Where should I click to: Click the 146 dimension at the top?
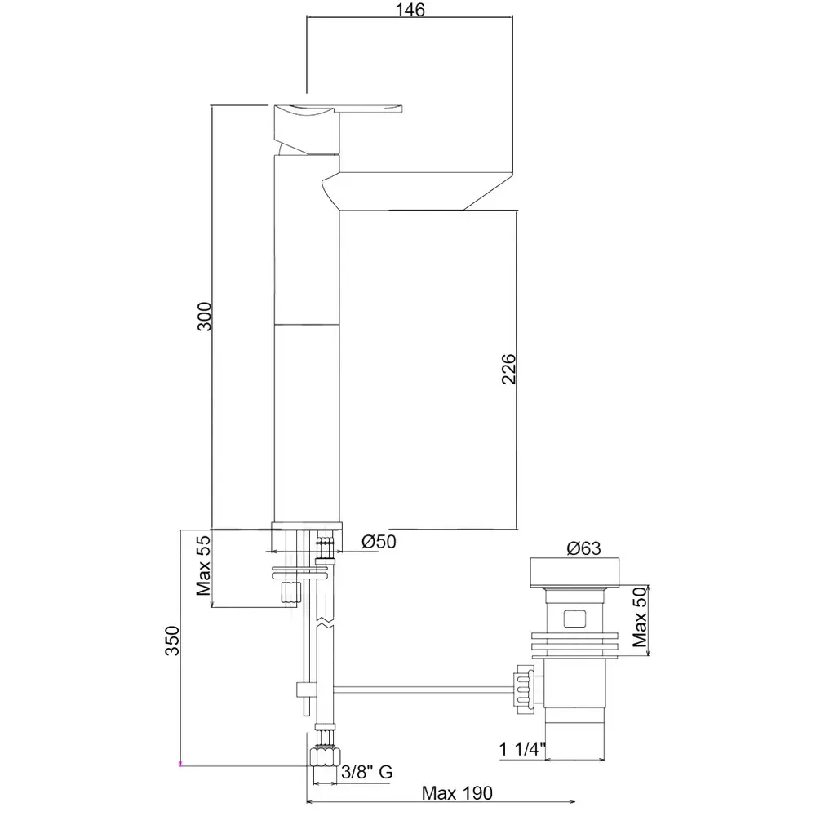click(x=410, y=9)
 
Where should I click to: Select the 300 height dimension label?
click(x=205, y=316)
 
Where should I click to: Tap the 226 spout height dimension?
click(x=508, y=369)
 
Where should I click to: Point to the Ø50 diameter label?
click(x=379, y=542)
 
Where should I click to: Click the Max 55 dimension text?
click(x=203, y=565)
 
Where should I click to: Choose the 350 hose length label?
click(x=172, y=640)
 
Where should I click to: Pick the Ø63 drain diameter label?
click(x=583, y=548)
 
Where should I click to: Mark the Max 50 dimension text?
click(x=640, y=617)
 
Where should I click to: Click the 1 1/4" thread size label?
click(x=522, y=749)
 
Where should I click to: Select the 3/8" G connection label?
click(x=367, y=772)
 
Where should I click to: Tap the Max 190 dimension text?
click(x=457, y=793)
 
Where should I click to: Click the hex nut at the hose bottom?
click(x=326, y=756)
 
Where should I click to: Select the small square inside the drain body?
click(x=574, y=619)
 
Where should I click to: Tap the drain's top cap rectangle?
click(x=574, y=573)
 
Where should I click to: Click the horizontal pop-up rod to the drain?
click(x=423, y=690)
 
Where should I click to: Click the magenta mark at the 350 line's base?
click(x=180, y=764)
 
